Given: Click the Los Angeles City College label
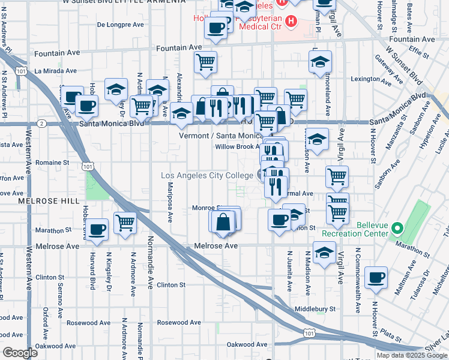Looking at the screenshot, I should coord(206,175).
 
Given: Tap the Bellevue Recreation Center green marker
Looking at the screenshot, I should coord(397,228).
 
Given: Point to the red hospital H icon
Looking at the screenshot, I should coord(291,22).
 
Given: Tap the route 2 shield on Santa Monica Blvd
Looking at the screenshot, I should coord(41,124).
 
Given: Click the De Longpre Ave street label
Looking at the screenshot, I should coord(120,25).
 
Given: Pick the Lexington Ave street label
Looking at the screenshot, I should coord(384,79).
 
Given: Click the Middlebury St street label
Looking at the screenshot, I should coord(315,310).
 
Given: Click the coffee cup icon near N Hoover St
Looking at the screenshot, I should coord(376,277).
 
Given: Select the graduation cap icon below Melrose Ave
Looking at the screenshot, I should coord(324,253).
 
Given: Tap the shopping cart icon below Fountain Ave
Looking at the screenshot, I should coord(206,61).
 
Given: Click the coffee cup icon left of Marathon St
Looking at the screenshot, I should coord(97,229).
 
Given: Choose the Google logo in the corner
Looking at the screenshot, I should coord(20,353).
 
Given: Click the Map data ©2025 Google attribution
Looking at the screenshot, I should coord(412,355).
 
